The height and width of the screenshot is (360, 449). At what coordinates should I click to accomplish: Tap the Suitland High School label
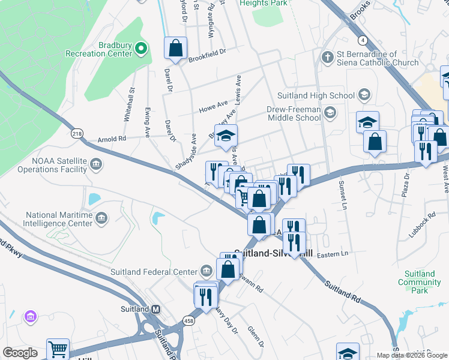tap(316, 95)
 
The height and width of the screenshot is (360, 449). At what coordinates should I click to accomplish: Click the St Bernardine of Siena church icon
tap(327, 58)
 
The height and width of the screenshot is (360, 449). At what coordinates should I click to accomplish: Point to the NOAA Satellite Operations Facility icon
tap(95, 163)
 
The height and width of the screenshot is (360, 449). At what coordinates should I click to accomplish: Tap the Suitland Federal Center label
tap(154, 271)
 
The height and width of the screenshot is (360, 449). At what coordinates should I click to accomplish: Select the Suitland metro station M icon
tap(156, 309)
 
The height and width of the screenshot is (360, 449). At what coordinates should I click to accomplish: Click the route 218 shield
tap(77, 133)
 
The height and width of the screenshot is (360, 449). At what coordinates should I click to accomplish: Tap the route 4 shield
tap(363, 40)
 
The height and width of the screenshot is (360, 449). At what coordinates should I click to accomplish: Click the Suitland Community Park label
tap(420, 282)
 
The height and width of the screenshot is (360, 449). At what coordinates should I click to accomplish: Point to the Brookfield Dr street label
tap(206, 52)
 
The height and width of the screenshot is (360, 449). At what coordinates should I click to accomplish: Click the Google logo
tap(20, 353)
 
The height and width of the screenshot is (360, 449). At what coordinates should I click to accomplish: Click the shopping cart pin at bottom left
tap(58, 349)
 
